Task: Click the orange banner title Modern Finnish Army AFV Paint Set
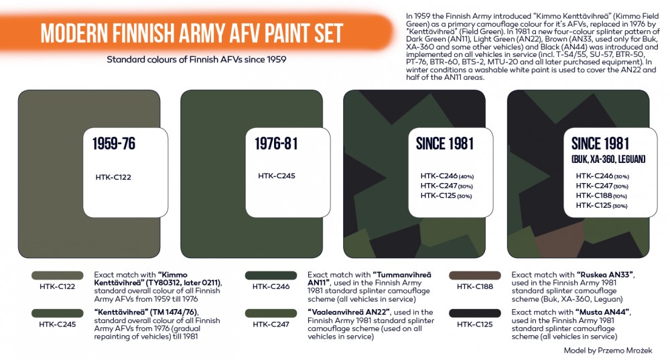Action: click(x=192, y=34)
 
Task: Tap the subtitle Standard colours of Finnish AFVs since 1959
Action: click(x=196, y=60)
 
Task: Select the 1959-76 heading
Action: click(x=114, y=143)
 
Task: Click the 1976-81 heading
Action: click(x=276, y=143)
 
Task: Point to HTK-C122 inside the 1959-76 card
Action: click(x=113, y=178)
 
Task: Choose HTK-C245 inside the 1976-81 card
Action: click(x=277, y=176)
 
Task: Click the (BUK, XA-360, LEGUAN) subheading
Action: click(x=608, y=160)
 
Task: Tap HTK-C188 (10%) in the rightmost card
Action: click(x=601, y=196)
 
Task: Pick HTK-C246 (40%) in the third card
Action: click(x=447, y=176)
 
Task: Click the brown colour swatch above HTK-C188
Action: click(x=475, y=276)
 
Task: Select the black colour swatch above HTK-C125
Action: click(x=475, y=313)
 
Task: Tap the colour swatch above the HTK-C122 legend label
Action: click(x=57, y=276)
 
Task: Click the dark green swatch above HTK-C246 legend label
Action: click(x=271, y=276)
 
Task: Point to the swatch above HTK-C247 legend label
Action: click(x=271, y=313)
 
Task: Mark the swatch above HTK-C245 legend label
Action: click(x=57, y=313)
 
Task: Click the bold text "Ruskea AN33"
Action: click(x=606, y=275)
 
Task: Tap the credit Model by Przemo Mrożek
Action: click(x=608, y=351)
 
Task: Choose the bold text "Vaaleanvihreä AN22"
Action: click(x=348, y=312)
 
